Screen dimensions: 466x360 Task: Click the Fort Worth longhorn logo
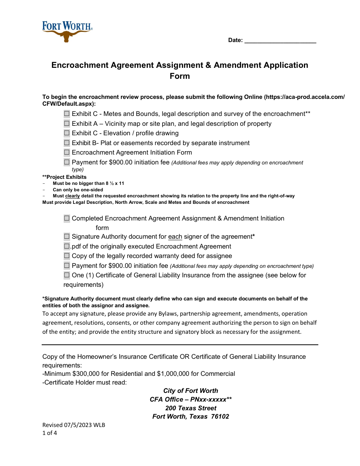67,31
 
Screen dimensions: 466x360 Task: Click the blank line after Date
280,40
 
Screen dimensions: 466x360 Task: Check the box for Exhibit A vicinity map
67,124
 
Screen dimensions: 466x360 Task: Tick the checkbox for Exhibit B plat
67,143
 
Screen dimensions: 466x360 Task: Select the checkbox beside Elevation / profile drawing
67,133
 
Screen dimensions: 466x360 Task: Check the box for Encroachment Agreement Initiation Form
67,152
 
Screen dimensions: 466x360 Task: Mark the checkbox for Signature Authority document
67,236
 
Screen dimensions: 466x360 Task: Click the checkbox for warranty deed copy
67,256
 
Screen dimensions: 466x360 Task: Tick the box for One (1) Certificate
67,275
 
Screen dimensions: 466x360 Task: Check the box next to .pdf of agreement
67,246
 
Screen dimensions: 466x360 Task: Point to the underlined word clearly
72,196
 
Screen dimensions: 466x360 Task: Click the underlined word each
175,237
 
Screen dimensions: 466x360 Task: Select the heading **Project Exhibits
64,177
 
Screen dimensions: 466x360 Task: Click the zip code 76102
220,417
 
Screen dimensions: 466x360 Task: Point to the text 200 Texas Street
191,408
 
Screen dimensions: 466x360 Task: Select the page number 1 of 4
50,433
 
